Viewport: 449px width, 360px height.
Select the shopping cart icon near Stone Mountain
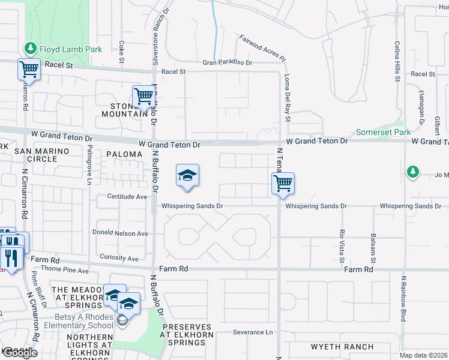(x=143, y=96)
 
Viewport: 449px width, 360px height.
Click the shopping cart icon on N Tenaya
(x=283, y=183)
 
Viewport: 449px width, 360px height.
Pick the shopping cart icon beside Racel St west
(x=29, y=70)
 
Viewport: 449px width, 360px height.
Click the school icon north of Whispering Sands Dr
(x=188, y=175)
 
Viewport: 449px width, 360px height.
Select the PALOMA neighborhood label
(x=124, y=154)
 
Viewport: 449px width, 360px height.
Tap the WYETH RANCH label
(x=342, y=347)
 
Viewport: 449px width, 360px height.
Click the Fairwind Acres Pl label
(x=262, y=47)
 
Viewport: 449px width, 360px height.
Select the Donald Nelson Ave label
(x=120, y=233)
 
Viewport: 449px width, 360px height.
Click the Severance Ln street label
(x=253, y=332)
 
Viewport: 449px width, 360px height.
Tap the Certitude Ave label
(x=127, y=196)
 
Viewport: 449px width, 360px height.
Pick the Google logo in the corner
(x=20, y=353)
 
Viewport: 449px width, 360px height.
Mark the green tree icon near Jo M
(x=412, y=172)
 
